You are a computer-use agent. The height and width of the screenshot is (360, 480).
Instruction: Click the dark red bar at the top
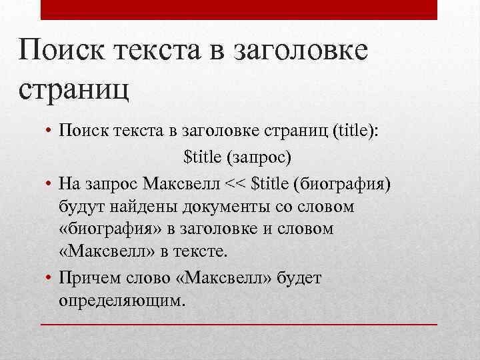(239, 10)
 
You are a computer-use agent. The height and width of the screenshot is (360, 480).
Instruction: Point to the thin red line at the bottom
(239, 324)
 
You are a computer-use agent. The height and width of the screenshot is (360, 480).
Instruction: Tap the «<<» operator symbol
(236, 183)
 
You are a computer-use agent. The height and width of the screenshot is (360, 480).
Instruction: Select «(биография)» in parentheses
(345, 183)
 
